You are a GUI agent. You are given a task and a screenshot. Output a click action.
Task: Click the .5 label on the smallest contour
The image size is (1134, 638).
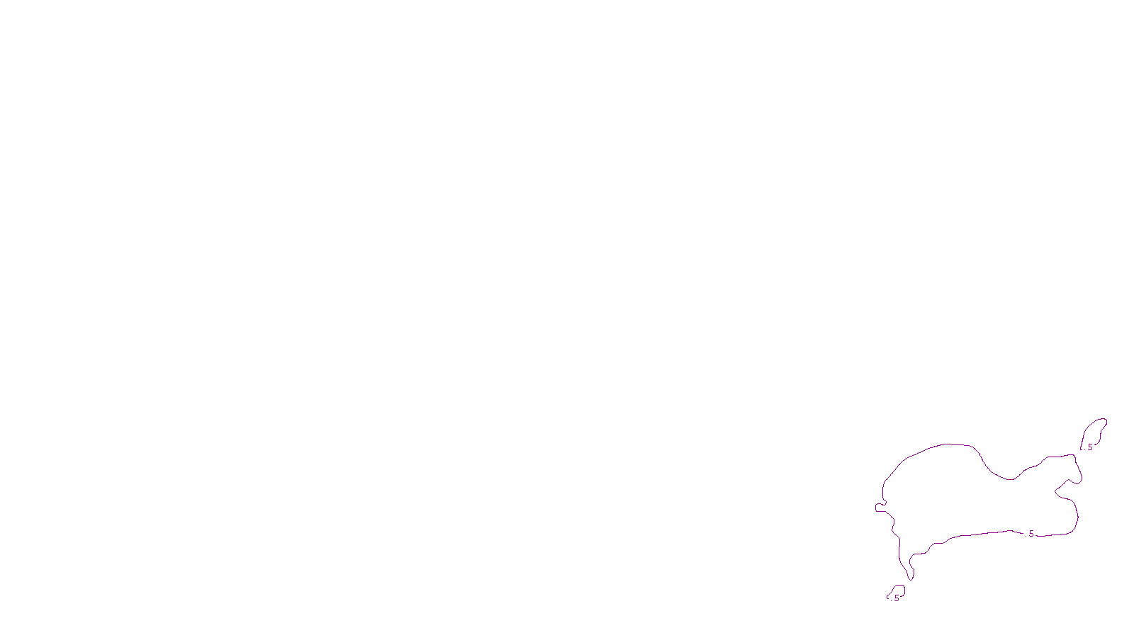896,598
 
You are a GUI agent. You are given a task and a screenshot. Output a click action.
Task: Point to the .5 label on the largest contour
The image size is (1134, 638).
1031,534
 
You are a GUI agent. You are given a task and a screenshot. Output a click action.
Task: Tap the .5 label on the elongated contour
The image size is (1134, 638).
1089,447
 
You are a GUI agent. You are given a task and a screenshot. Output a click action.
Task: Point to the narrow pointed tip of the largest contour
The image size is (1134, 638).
910,578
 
